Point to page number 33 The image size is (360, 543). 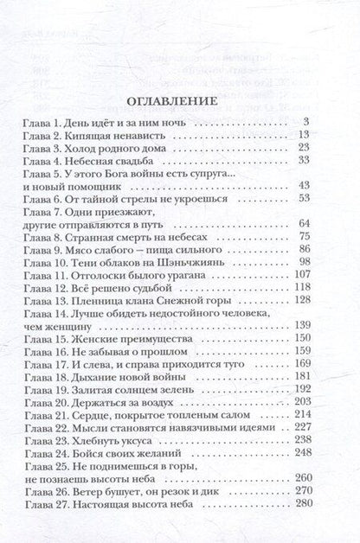(x=303, y=160)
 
